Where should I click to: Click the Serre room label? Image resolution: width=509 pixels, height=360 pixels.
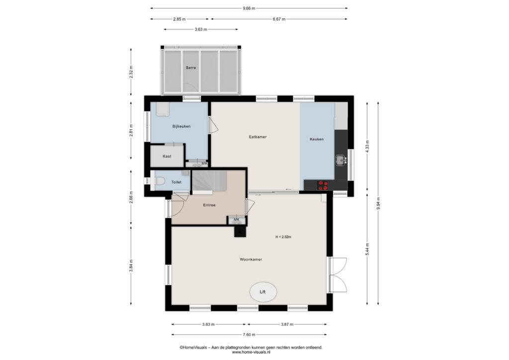pos(191,68)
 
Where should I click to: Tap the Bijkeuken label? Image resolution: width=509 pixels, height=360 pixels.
pos(181,126)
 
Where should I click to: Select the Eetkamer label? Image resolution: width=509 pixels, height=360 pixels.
pos(258,137)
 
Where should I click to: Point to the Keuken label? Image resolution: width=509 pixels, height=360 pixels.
pos(317,139)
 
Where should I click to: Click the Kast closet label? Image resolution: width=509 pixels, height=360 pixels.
pos(167,156)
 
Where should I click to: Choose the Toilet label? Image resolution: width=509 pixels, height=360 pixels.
pos(176,182)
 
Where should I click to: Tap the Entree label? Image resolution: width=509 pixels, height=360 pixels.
pos(209,205)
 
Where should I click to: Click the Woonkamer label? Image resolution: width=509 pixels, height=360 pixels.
pos(251,260)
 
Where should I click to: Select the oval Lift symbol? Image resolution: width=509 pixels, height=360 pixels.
pos(263,292)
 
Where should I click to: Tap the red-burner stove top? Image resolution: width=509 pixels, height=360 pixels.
pos(323,185)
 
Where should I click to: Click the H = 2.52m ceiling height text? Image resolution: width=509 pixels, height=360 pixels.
pos(283,237)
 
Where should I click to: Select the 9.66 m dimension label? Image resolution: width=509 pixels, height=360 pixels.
pos(249,8)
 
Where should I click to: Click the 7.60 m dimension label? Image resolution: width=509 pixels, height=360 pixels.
pos(249,335)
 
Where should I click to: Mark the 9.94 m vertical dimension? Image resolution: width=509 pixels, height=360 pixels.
pos(378,203)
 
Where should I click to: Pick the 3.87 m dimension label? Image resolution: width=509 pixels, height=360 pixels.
pos(287,324)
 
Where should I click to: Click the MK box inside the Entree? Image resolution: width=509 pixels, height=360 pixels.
pos(237,220)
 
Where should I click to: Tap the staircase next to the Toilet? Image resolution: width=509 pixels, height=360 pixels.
pos(209,181)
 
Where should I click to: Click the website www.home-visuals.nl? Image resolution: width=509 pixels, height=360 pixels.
pos(251,352)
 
